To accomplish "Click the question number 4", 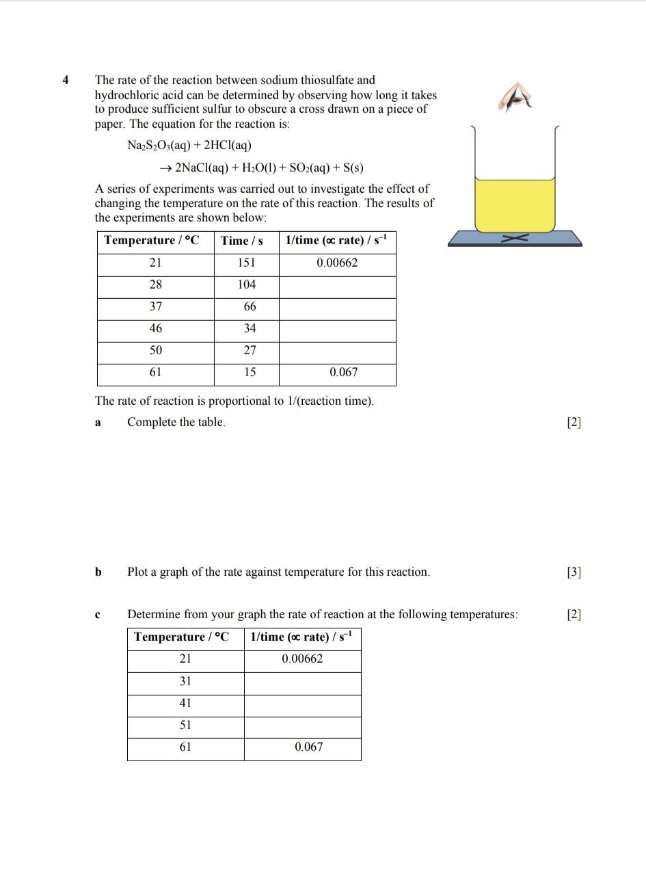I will coord(66,80).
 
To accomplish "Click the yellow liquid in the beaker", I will coord(515,203).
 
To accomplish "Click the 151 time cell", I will coord(246,263).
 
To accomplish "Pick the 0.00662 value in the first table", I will coord(337,263).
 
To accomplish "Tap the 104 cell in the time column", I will coord(246,284).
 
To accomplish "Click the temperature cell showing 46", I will coord(156,328).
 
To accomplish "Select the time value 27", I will coord(250,350).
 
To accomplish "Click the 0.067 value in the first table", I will coord(343,372).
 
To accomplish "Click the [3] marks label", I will coord(574,572).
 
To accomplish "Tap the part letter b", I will coord(98,572).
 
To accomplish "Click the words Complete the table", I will coord(176,422).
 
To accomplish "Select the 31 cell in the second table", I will coord(185,681).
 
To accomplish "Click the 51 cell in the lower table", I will coord(185,725).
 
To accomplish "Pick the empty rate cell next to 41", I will coord(302,703).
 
